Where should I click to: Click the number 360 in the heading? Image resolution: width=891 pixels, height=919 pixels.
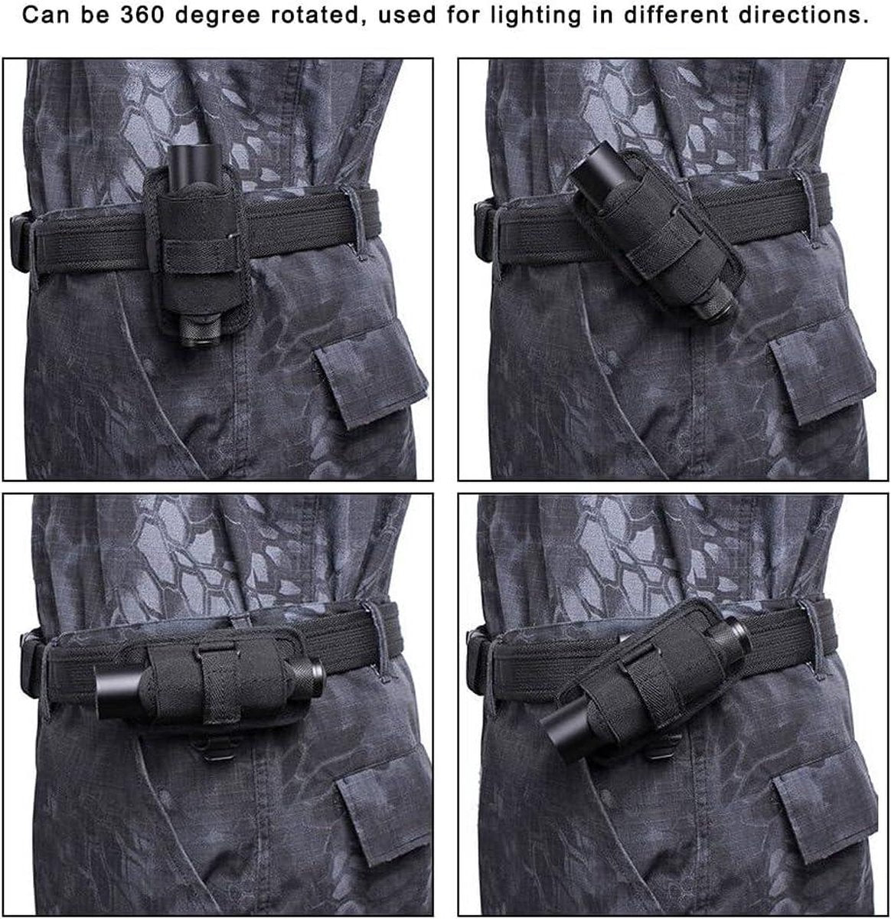tap(142, 15)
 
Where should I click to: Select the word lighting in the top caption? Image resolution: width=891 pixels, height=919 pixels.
tap(536, 16)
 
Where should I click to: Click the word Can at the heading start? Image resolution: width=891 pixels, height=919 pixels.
tap(46, 15)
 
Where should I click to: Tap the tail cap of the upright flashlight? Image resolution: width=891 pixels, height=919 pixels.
tap(200, 329)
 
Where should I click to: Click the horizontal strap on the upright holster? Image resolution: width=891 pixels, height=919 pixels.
tap(200, 256)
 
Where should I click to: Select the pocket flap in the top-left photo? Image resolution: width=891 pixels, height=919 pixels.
tap(370, 376)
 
